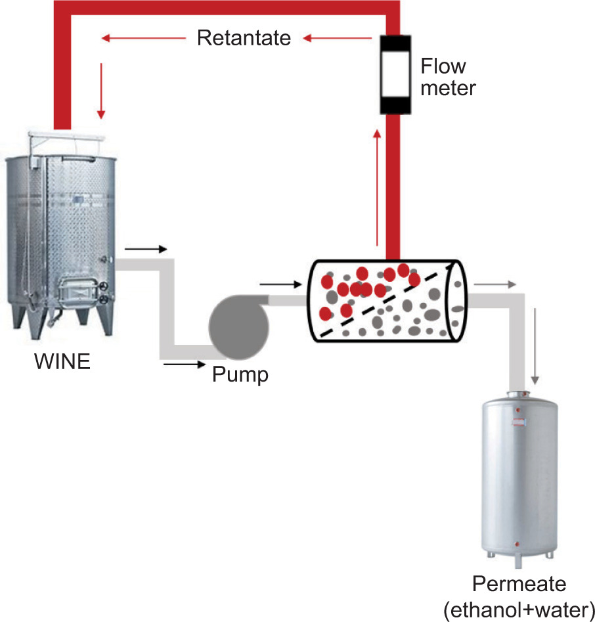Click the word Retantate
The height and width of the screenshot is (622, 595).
pyautogui.click(x=244, y=38)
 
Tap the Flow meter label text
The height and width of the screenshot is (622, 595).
pyautogui.click(x=447, y=77)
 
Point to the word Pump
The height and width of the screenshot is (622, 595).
pyautogui.click(x=240, y=375)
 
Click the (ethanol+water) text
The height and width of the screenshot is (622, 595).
pyautogui.click(x=518, y=609)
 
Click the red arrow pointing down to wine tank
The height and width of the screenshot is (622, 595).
pyautogui.click(x=100, y=91)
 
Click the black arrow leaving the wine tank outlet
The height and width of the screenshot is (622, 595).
pyautogui.click(x=147, y=250)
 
